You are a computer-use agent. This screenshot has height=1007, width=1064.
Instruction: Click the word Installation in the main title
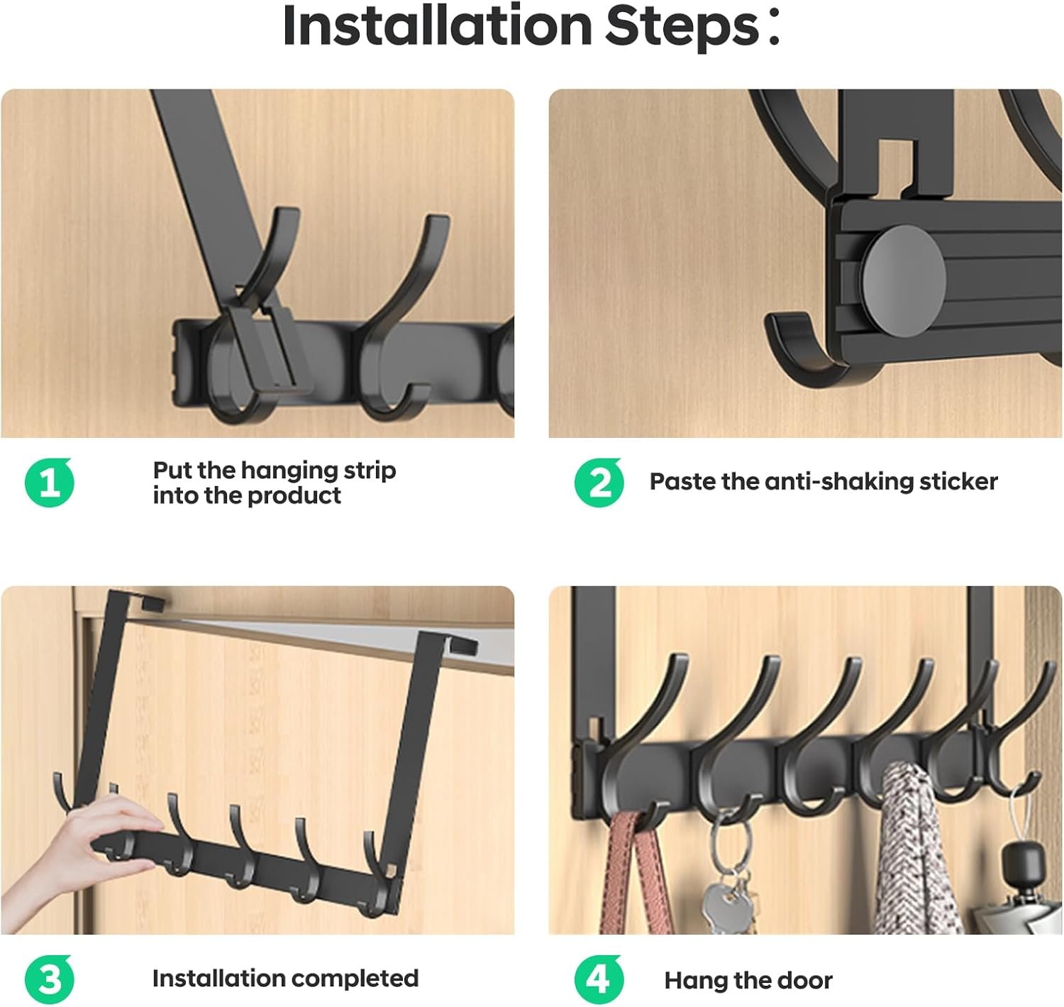coord(437,26)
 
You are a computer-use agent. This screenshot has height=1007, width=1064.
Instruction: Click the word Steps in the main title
coord(682,26)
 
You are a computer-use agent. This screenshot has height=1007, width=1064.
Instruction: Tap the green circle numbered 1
coord(49,483)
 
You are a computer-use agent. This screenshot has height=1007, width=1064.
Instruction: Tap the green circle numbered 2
coord(599,483)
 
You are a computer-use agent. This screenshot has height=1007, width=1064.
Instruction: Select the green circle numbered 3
coord(49,980)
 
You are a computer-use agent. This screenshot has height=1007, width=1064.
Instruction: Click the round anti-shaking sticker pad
coord(904,280)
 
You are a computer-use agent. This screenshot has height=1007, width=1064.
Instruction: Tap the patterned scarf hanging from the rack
coord(911,852)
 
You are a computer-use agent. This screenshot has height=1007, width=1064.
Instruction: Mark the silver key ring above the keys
coord(731,844)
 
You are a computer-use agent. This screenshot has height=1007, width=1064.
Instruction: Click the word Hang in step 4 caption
coord(696,981)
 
